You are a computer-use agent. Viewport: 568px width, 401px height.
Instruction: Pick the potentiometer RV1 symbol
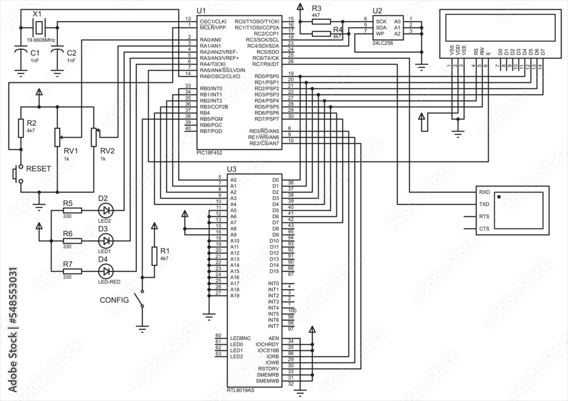tap(57, 137)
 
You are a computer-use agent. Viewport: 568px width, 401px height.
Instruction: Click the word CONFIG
tap(114, 299)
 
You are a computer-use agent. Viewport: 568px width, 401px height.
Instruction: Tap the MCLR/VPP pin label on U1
tap(213, 27)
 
